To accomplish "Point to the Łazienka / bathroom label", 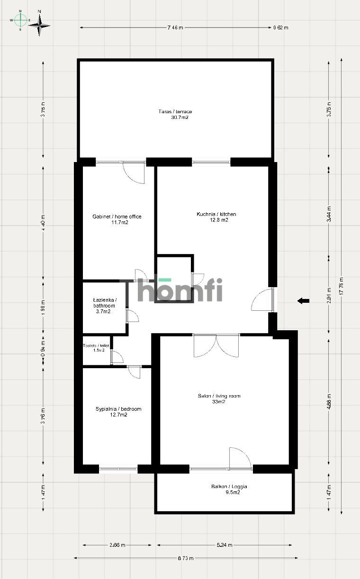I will click(x=104, y=306).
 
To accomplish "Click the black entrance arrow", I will click(x=303, y=300).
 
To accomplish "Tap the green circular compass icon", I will click(x=20, y=20).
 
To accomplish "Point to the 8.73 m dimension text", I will click(x=186, y=558).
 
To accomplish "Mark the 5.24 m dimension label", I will click(x=225, y=545).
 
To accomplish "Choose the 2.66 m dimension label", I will click(x=117, y=545).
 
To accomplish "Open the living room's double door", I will click(x=216, y=345).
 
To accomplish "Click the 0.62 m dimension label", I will click(x=281, y=27).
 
